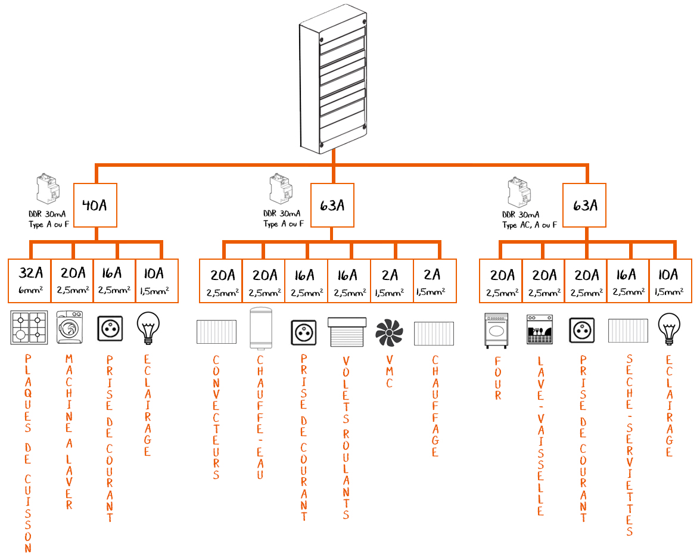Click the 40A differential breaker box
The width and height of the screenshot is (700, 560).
(x=95, y=205)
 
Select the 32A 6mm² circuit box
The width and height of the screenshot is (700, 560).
(x=29, y=281)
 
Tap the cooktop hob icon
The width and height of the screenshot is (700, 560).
(x=29, y=327)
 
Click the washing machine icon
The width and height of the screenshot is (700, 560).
(x=70, y=327)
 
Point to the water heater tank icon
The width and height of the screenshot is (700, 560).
(x=261, y=328)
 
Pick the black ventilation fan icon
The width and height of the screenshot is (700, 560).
(x=389, y=332)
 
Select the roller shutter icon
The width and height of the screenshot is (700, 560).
(x=347, y=332)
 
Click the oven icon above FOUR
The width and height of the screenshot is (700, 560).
(x=496, y=331)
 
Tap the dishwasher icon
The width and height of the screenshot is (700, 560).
(x=540, y=329)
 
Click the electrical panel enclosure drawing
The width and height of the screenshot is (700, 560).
(x=334, y=79)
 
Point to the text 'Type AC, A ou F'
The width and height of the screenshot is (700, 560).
(x=530, y=225)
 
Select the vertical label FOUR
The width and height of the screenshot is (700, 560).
(x=498, y=378)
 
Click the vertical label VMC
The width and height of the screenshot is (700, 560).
(x=389, y=372)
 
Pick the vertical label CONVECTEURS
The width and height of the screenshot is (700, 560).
(x=216, y=417)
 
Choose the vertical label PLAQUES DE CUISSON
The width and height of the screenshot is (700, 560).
(x=27, y=453)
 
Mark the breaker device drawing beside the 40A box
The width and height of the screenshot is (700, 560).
(x=48, y=189)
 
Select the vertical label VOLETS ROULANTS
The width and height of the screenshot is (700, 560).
(x=346, y=437)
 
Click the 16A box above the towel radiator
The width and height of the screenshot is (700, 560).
(x=628, y=281)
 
